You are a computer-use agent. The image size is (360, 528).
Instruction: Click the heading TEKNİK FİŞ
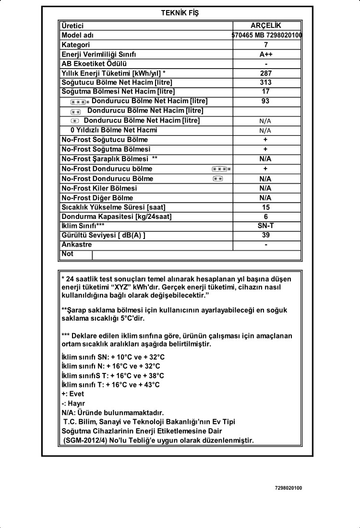[x=180, y=13]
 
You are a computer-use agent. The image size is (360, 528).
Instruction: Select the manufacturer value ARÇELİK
[x=266, y=25]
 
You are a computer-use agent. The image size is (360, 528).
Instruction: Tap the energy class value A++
[x=266, y=54]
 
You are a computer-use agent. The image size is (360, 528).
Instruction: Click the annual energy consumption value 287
[x=266, y=73]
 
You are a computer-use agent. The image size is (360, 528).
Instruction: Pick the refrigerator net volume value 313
[x=266, y=82]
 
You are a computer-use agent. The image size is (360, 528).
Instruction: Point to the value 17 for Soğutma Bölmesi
[x=266, y=91]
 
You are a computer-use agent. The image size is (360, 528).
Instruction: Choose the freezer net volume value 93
[x=266, y=101]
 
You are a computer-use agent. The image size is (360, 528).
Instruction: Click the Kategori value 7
[x=266, y=45]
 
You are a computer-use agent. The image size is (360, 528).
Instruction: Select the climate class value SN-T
[x=266, y=226]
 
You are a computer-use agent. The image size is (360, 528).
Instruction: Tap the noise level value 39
[x=266, y=235]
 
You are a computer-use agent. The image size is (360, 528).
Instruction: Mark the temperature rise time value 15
[x=266, y=207]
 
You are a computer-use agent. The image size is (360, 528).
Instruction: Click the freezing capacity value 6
[x=266, y=216]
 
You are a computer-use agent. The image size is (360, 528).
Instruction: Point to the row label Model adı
[x=78, y=35]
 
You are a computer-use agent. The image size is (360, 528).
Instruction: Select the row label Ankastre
[x=77, y=245]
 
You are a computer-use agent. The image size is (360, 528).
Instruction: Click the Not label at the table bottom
[x=68, y=254]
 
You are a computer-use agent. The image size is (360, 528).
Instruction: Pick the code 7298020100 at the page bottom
[x=288, y=488]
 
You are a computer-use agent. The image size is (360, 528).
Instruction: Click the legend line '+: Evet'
[x=73, y=394]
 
